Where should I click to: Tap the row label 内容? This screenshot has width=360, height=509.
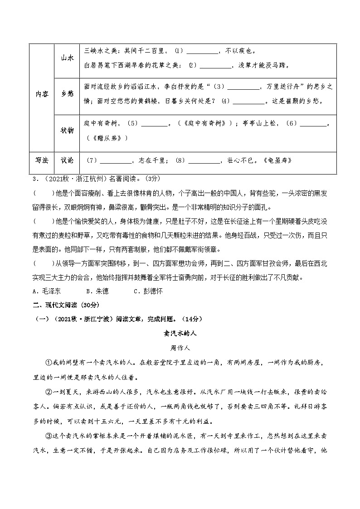[x=42, y=94]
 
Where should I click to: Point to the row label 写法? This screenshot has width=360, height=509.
[x=42, y=160]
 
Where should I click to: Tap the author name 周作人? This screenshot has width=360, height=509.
[x=180, y=348]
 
